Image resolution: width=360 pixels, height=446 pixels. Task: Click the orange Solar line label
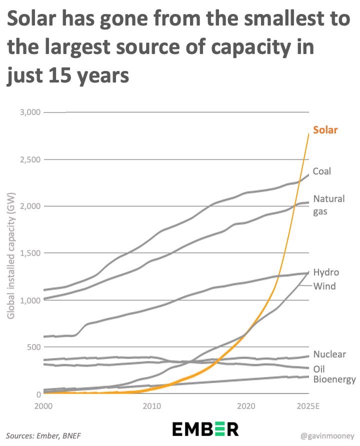pos(325,130)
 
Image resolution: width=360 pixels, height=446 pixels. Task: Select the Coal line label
pos(322,171)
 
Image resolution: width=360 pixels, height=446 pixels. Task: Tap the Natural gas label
pos(328,204)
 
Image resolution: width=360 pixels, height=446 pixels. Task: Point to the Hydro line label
pos(326,272)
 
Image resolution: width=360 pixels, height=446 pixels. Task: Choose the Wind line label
pos(324,286)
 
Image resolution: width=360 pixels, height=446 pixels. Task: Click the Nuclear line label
pos(329,354)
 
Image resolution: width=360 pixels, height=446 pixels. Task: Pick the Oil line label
pos(318,369)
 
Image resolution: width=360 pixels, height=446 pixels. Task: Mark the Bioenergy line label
pos(334,380)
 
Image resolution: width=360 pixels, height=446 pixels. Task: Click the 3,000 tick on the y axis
pos(29,112)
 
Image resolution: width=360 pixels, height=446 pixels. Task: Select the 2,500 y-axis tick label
pos(29,159)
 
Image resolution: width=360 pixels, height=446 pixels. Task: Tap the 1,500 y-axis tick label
pos(29,253)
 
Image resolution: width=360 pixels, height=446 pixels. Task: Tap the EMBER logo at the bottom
pos(205,429)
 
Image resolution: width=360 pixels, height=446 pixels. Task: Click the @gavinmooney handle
pos(326,436)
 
